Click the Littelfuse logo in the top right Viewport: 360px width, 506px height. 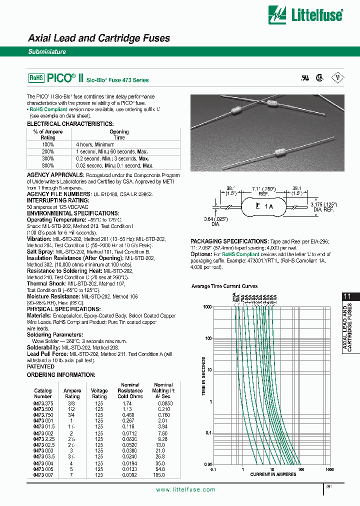click(x=305, y=14)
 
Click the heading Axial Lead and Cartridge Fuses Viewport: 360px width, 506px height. click(x=98, y=38)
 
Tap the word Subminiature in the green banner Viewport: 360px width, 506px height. click(x=47, y=52)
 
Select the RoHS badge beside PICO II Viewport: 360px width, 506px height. click(x=36, y=78)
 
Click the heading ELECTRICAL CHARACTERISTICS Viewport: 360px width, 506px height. click(x=70, y=123)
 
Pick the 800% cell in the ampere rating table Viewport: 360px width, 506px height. click(x=48, y=165)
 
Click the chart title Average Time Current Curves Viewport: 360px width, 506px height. click(x=224, y=286)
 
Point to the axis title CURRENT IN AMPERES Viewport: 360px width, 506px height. click(x=273, y=474)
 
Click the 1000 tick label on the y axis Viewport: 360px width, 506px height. click(x=207, y=307)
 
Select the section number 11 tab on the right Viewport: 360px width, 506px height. click(x=347, y=296)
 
